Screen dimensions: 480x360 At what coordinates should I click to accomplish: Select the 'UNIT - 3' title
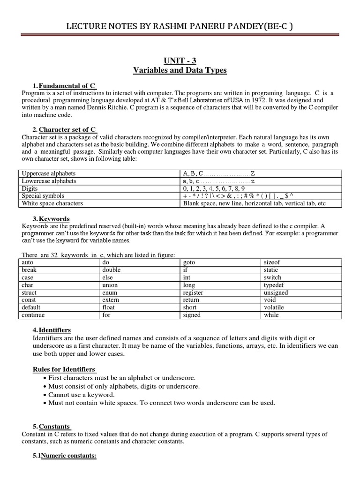coord(180,61)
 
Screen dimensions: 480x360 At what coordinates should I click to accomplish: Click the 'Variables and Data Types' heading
coord(180,70)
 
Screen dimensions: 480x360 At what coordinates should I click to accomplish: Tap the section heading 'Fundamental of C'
coord(67,86)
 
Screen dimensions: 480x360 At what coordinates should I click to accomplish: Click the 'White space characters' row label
coord(52,203)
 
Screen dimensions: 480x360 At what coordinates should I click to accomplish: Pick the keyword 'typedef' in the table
coord(274,285)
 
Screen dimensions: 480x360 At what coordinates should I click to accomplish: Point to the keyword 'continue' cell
coord(34,315)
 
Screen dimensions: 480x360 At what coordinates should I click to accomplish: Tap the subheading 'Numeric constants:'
coord(68,455)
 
